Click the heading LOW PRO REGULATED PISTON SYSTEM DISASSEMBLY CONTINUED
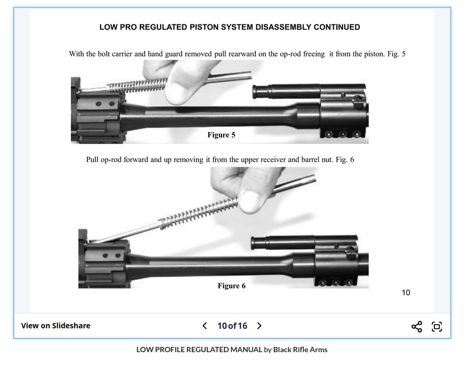click(x=229, y=27)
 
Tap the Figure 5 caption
click(x=221, y=135)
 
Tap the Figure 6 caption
click(x=231, y=286)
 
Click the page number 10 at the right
click(x=406, y=292)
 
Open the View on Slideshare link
click(x=56, y=326)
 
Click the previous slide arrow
click(x=205, y=326)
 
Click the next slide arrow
click(x=259, y=326)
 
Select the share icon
click(x=417, y=326)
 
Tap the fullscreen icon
click(x=437, y=326)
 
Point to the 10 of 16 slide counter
click(x=232, y=326)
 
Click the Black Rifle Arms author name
click(x=300, y=350)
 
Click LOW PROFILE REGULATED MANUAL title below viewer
click(x=199, y=350)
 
